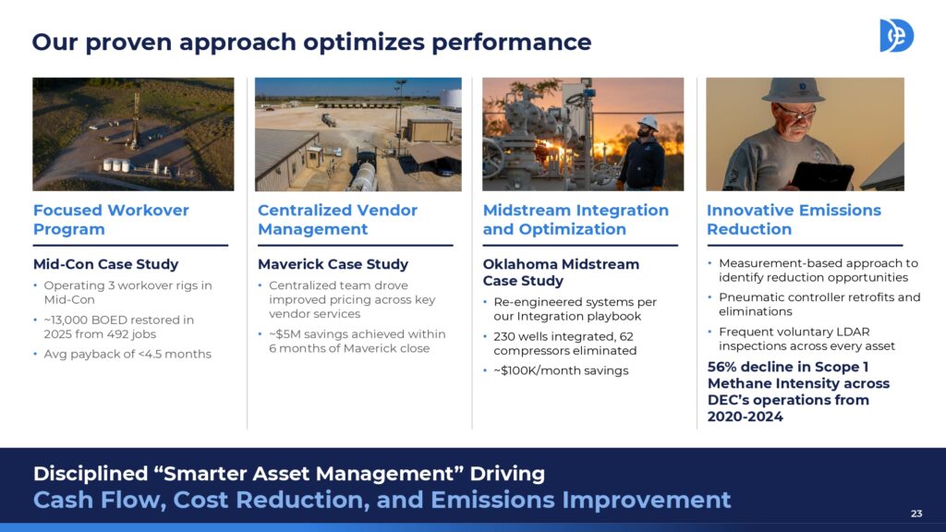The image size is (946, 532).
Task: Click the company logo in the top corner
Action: [896, 36]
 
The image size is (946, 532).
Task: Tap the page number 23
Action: [916, 514]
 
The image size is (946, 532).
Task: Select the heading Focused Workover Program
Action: [111, 220]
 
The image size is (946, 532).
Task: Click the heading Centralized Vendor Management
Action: [337, 220]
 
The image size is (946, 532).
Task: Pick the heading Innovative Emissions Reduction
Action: [794, 220]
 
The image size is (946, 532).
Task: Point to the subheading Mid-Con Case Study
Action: [105, 264]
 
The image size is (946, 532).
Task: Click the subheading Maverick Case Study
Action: [333, 264]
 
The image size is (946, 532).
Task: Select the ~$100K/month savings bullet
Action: [561, 371]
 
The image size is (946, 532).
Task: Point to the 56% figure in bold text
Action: [722, 367]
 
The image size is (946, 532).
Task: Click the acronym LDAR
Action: [852, 332]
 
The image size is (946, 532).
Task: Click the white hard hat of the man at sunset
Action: [648, 122]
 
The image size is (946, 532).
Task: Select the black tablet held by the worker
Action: [821, 176]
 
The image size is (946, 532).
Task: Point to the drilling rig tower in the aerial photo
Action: [135, 120]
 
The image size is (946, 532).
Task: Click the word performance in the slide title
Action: [511, 42]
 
